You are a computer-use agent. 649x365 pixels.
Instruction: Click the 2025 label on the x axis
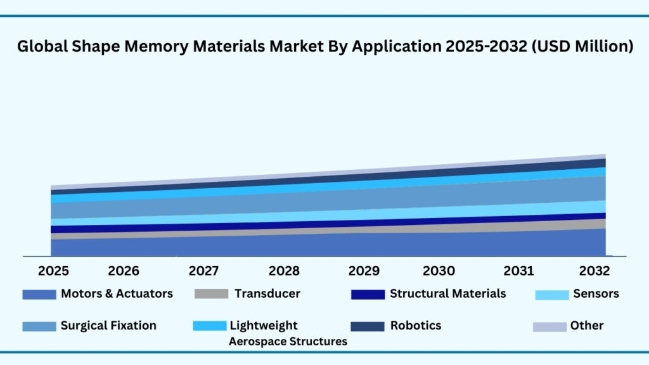click(x=54, y=271)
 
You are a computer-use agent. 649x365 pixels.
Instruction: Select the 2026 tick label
click(x=124, y=271)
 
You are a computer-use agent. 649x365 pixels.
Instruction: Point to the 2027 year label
click(x=204, y=271)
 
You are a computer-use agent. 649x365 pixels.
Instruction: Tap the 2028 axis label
click(x=284, y=271)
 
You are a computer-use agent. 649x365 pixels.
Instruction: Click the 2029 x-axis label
click(x=364, y=271)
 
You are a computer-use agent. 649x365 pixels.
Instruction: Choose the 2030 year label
click(x=439, y=271)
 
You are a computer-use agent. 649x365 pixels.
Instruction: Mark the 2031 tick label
click(x=519, y=271)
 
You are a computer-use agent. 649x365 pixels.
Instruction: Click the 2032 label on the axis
click(x=594, y=271)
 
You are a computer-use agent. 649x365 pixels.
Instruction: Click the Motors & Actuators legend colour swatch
click(x=39, y=295)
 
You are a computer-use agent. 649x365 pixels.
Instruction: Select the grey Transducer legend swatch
click(x=210, y=295)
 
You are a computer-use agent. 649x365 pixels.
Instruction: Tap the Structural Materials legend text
click(x=447, y=293)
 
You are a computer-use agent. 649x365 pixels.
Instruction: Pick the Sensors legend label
click(x=596, y=293)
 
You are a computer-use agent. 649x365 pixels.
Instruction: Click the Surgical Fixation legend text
click(x=108, y=326)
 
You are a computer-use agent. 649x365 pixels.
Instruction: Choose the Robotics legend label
click(x=416, y=326)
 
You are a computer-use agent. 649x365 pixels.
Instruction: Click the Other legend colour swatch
click(x=549, y=326)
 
